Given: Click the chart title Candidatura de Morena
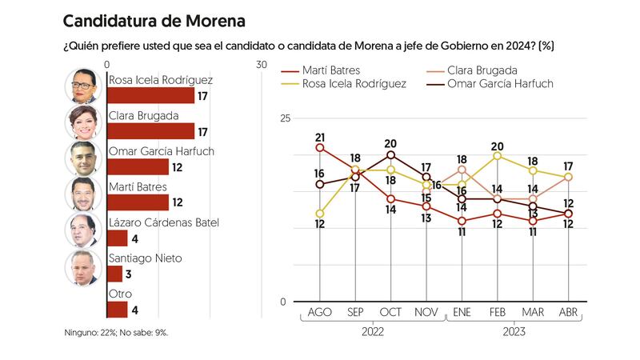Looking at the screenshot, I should [154, 20].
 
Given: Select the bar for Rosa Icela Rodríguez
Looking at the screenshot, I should [150, 96].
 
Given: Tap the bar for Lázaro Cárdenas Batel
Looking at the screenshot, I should [117, 238].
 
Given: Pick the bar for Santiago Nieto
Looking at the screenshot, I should [114, 274].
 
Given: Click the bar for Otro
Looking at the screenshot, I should [117, 310].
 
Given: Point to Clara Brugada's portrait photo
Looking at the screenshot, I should [82, 122].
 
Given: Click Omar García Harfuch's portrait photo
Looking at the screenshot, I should [82, 158].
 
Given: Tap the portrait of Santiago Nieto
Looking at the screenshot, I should [82, 266].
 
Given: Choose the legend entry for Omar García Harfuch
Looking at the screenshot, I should [496, 83].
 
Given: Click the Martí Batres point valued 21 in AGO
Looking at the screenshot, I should [320, 148].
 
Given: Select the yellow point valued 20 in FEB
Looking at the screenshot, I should [498, 155].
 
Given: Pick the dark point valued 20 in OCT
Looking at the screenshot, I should [391, 155].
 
